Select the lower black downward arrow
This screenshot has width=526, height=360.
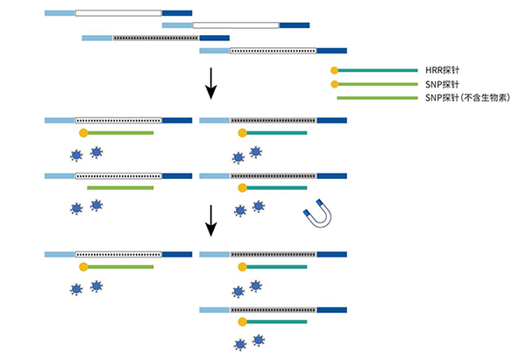click(x=210, y=222)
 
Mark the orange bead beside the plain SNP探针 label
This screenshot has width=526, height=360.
click(x=334, y=84)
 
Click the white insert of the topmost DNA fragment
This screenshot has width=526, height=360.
click(x=118, y=13)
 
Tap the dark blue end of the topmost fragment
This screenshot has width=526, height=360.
click(x=177, y=13)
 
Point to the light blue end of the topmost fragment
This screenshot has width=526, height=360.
click(x=60, y=13)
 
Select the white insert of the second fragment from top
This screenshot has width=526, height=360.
click(x=236, y=25)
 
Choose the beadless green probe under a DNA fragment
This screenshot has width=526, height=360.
click(x=120, y=187)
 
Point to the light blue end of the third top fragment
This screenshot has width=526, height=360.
click(x=96, y=38)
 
